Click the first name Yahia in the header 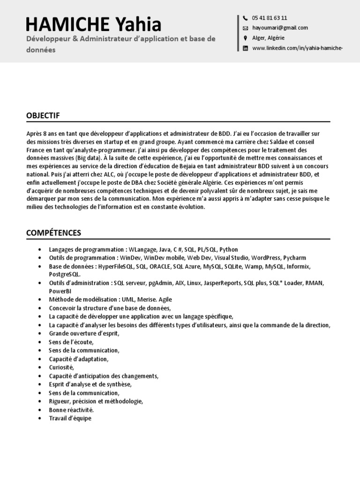coord(138,24)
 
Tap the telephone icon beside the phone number coord(245,18)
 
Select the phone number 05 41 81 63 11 coord(270,18)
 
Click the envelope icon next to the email coord(245,28)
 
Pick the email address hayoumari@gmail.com coord(280,28)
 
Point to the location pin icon coord(245,38)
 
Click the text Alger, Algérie coord(268,38)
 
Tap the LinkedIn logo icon coord(245,48)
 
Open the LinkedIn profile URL coord(294,48)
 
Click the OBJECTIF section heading coord(43,115)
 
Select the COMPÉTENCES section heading coord(53,233)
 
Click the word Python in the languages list coord(229,249)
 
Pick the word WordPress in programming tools coord(266,258)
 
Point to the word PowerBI coord(60,291)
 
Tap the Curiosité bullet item coord(61,367)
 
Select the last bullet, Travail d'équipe coord(70,418)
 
